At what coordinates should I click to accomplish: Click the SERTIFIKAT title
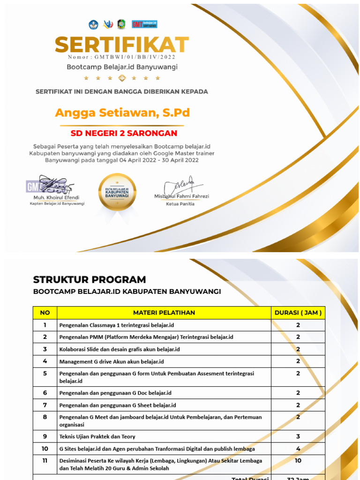(122, 45)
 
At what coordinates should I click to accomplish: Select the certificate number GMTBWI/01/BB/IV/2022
(122, 57)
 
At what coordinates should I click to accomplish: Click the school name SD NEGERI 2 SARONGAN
(124, 134)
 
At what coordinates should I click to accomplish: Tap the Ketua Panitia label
(180, 204)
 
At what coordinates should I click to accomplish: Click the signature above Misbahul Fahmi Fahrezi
(181, 185)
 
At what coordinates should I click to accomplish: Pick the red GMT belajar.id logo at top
(144, 24)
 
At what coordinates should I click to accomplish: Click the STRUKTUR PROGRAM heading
(90, 280)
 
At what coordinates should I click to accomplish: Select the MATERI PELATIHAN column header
(164, 313)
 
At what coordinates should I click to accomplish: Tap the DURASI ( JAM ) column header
(298, 313)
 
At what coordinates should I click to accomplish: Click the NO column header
(45, 313)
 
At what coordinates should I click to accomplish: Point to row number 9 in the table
(45, 436)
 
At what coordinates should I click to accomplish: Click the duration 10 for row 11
(298, 461)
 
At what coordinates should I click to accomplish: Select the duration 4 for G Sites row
(298, 449)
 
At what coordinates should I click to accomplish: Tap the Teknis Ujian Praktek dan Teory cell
(97, 436)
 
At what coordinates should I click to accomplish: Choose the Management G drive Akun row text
(112, 361)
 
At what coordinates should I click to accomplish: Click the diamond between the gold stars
(122, 78)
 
